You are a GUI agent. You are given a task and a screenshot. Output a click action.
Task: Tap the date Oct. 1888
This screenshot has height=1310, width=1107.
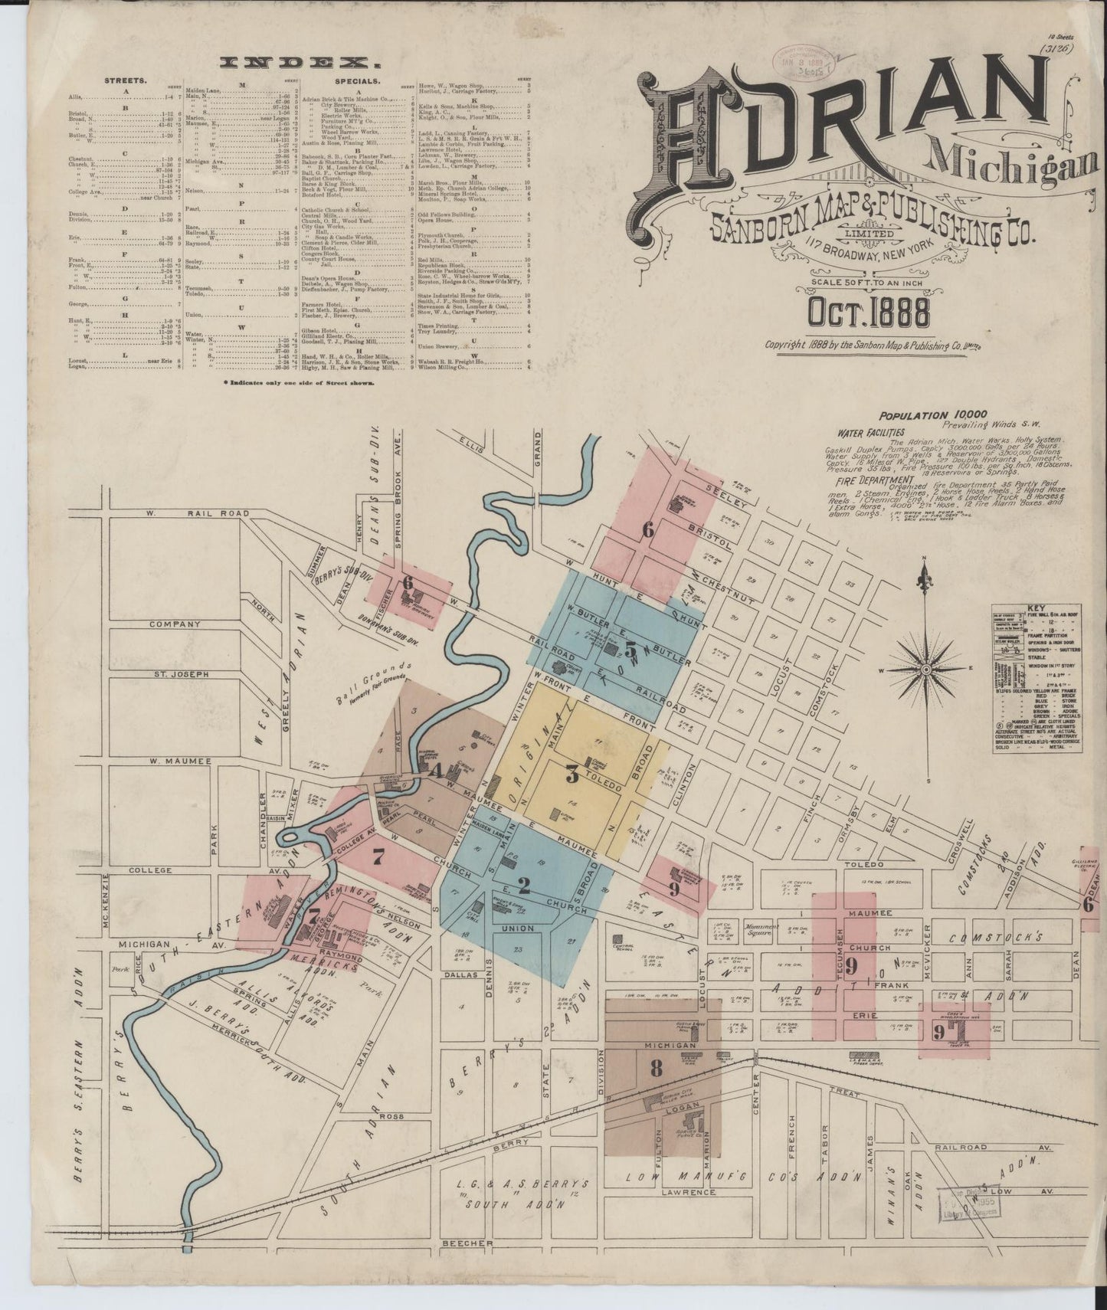click(868, 313)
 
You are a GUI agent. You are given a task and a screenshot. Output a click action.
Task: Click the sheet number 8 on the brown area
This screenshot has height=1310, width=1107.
click(656, 1069)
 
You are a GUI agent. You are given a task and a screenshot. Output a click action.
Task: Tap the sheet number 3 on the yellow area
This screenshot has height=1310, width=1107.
click(572, 775)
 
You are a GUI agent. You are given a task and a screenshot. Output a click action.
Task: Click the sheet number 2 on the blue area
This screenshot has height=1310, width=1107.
click(524, 886)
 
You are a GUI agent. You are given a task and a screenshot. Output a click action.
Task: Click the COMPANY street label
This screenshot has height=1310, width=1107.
click(175, 624)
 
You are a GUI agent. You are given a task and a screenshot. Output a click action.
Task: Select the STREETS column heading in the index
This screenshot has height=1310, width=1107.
click(125, 80)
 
